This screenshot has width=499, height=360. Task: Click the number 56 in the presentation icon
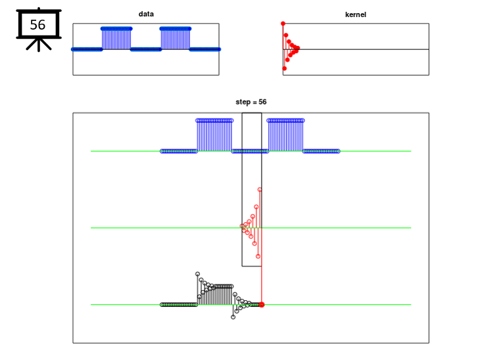(x=37, y=25)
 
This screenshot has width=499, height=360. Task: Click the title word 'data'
(x=146, y=14)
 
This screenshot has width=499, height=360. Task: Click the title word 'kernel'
(x=356, y=14)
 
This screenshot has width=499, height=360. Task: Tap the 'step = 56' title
(x=251, y=102)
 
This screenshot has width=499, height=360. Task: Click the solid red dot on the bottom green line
(x=262, y=305)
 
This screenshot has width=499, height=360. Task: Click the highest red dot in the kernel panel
(x=283, y=24)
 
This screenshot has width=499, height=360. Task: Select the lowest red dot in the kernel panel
(x=285, y=68)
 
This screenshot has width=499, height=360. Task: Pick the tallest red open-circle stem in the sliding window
(x=260, y=209)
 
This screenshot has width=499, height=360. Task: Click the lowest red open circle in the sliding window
(x=258, y=256)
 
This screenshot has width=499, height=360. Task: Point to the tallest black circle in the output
(x=198, y=274)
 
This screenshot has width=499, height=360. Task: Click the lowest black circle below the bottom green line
(x=233, y=317)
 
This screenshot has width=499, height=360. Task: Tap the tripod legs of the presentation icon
(x=39, y=45)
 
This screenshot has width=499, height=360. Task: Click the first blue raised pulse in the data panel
(x=116, y=39)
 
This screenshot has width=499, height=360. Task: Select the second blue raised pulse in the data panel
(x=176, y=39)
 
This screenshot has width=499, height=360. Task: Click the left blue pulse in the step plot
(x=214, y=135)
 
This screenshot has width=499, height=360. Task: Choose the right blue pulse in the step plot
(x=286, y=135)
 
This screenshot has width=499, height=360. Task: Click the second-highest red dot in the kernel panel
(x=286, y=35)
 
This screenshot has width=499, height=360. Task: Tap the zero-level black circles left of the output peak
(x=179, y=305)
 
